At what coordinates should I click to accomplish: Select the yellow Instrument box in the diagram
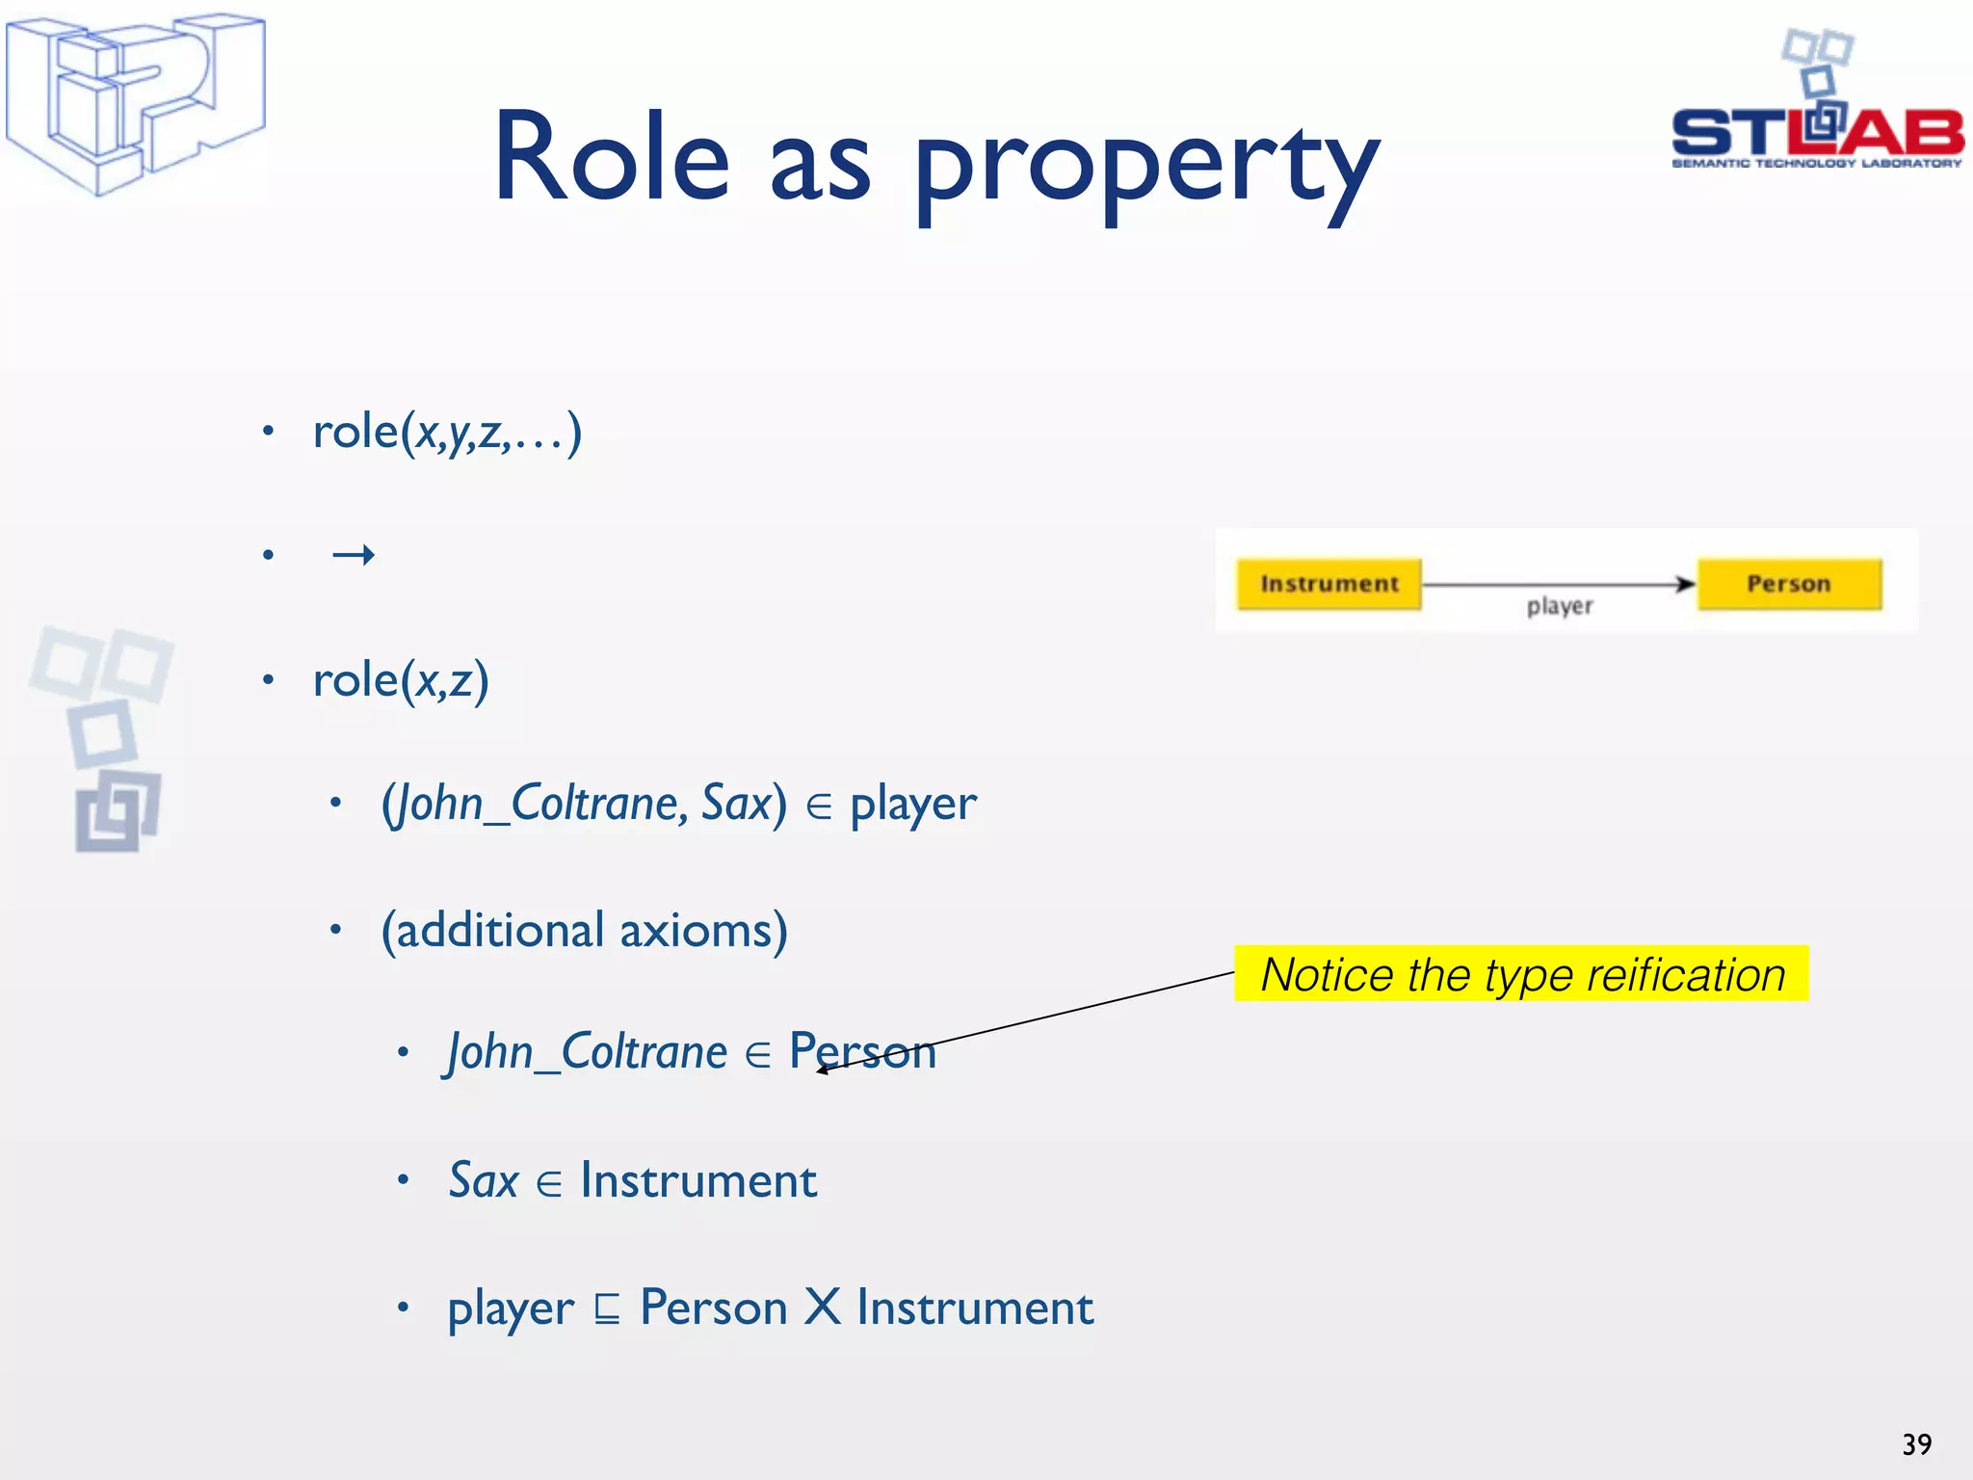coord(1328,584)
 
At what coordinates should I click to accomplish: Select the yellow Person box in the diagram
coord(1788,584)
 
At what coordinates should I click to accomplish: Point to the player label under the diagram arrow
coord(1560,606)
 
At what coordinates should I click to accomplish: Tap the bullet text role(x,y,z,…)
coord(447,432)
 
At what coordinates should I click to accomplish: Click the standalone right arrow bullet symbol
coord(353,555)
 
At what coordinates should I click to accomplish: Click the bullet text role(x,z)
coord(401,680)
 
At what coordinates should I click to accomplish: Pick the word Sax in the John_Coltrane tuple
coord(737,803)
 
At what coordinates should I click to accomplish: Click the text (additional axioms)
coord(585,931)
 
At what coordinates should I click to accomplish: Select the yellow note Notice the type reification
coord(1521,974)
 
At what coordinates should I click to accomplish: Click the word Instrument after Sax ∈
coord(698,1180)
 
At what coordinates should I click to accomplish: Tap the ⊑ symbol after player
coord(607,1309)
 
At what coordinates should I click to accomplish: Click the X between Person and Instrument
coord(823,1308)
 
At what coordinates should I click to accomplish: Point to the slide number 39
coord(1916,1444)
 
